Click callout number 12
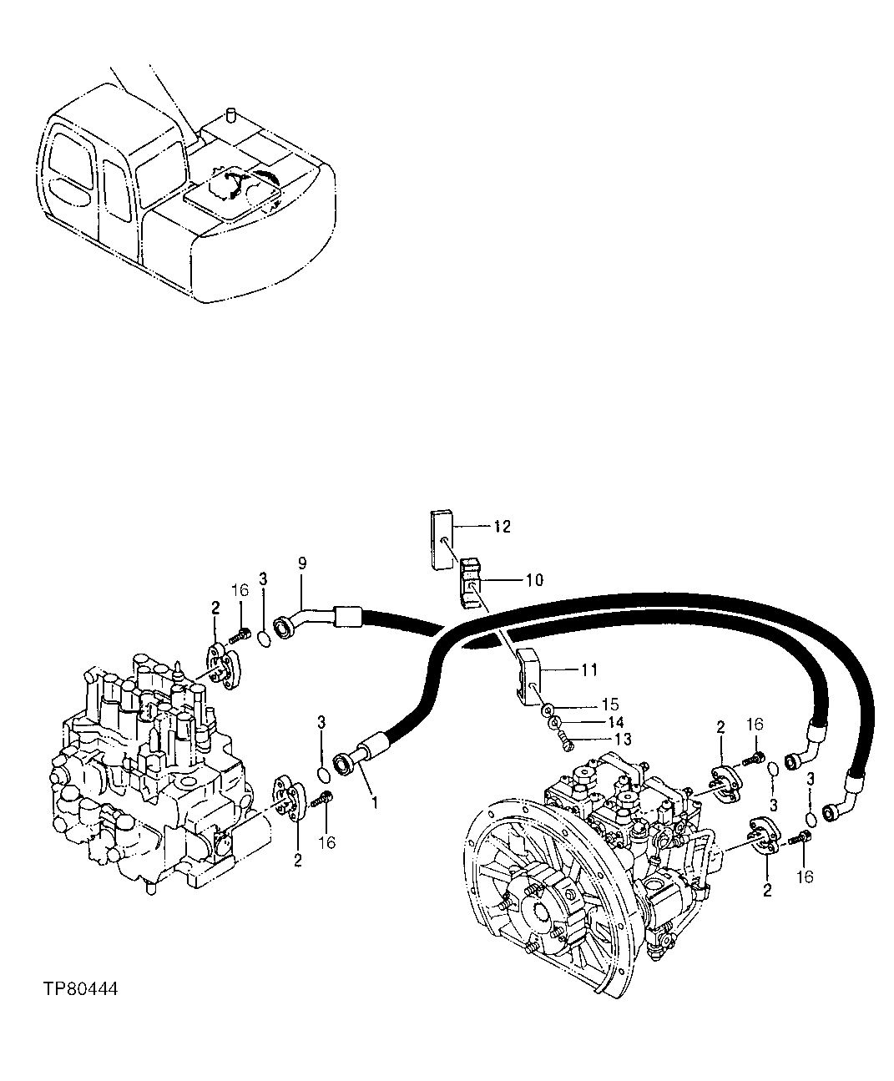click(502, 527)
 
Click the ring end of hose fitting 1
click(343, 762)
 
